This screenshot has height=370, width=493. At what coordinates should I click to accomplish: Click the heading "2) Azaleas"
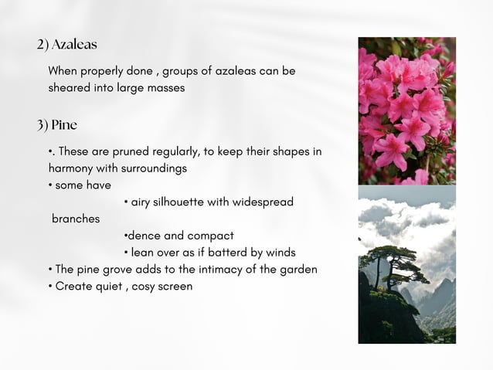tap(66, 44)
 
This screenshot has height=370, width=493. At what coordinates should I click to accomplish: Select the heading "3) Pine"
tap(57, 124)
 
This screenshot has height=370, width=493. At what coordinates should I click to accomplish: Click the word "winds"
tap(279, 252)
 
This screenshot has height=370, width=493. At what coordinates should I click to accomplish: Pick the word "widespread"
tap(258, 202)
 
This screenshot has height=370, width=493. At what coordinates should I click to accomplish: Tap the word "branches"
tap(76, 219)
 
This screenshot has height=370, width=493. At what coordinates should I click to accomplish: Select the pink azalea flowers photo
tap(406, 110)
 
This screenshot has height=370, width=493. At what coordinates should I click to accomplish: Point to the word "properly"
tap(104, 70)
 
